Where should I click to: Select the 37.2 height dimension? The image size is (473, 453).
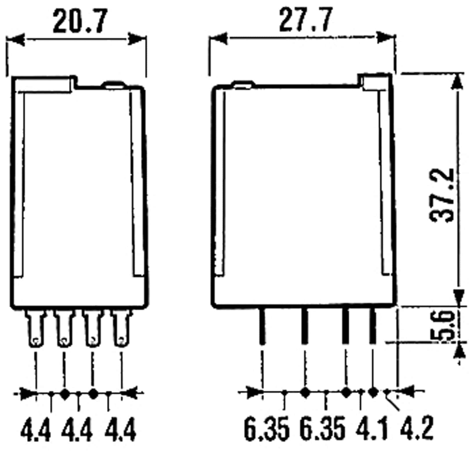[441, 195]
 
